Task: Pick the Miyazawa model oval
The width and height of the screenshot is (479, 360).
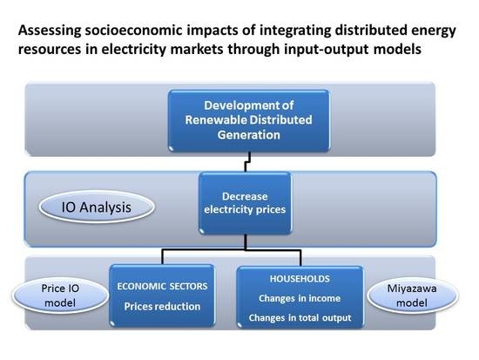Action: point(424,295)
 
